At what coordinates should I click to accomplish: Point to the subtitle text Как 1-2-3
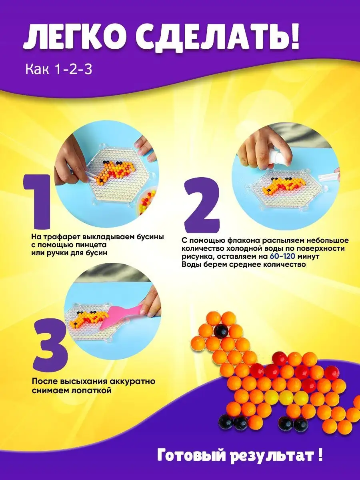(x=59, y=70)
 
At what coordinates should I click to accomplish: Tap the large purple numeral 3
(x=50, y=348)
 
